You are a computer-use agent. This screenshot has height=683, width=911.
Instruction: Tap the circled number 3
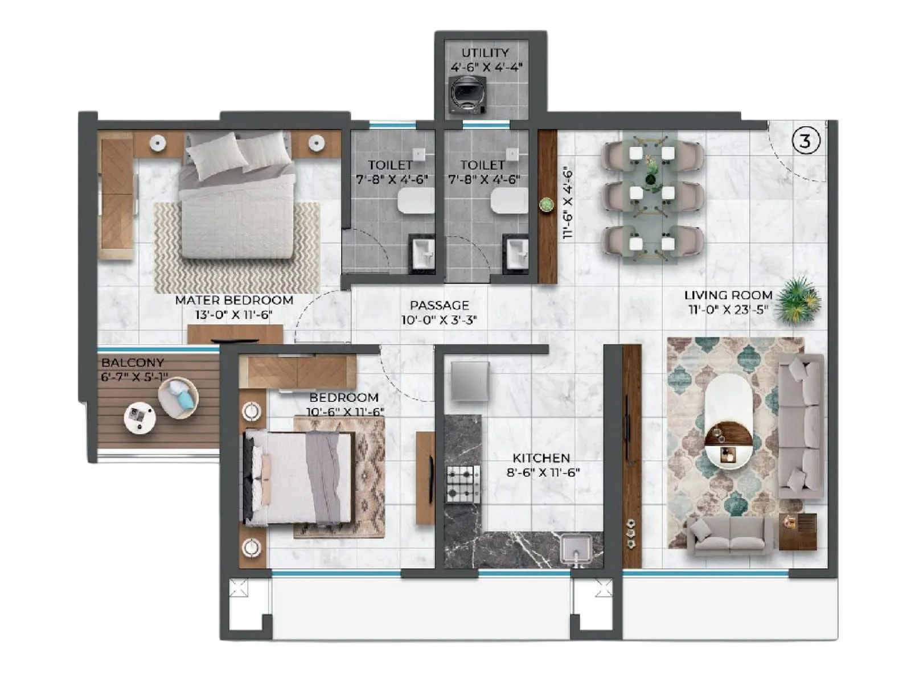click(x=805, y=140)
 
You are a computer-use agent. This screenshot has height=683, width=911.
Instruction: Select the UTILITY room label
click(x=485, y=52)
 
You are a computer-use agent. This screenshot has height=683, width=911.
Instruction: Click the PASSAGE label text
click(x=440, y=305)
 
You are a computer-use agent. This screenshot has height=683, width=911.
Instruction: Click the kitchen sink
click(x=576, y=548)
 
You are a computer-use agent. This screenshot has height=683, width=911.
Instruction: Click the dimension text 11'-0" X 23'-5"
click(x=728, y=310)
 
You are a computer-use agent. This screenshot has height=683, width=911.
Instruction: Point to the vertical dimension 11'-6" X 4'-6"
click(x=567, y=203)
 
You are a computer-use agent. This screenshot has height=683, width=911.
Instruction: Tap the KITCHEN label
click(x=541, y=458)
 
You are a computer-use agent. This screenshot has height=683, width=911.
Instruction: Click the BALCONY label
click(x=133, y=363)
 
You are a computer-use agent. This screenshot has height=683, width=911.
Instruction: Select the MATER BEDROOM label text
click(x=234, y=300)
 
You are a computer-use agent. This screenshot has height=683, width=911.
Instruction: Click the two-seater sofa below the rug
click(x=729, y=536)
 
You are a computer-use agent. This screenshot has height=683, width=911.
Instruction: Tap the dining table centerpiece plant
click(x=651, y=171)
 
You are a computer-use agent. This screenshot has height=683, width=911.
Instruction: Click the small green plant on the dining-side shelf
click(x=547, y=204)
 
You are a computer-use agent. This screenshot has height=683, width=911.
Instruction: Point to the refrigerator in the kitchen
click(x=470, y=380)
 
